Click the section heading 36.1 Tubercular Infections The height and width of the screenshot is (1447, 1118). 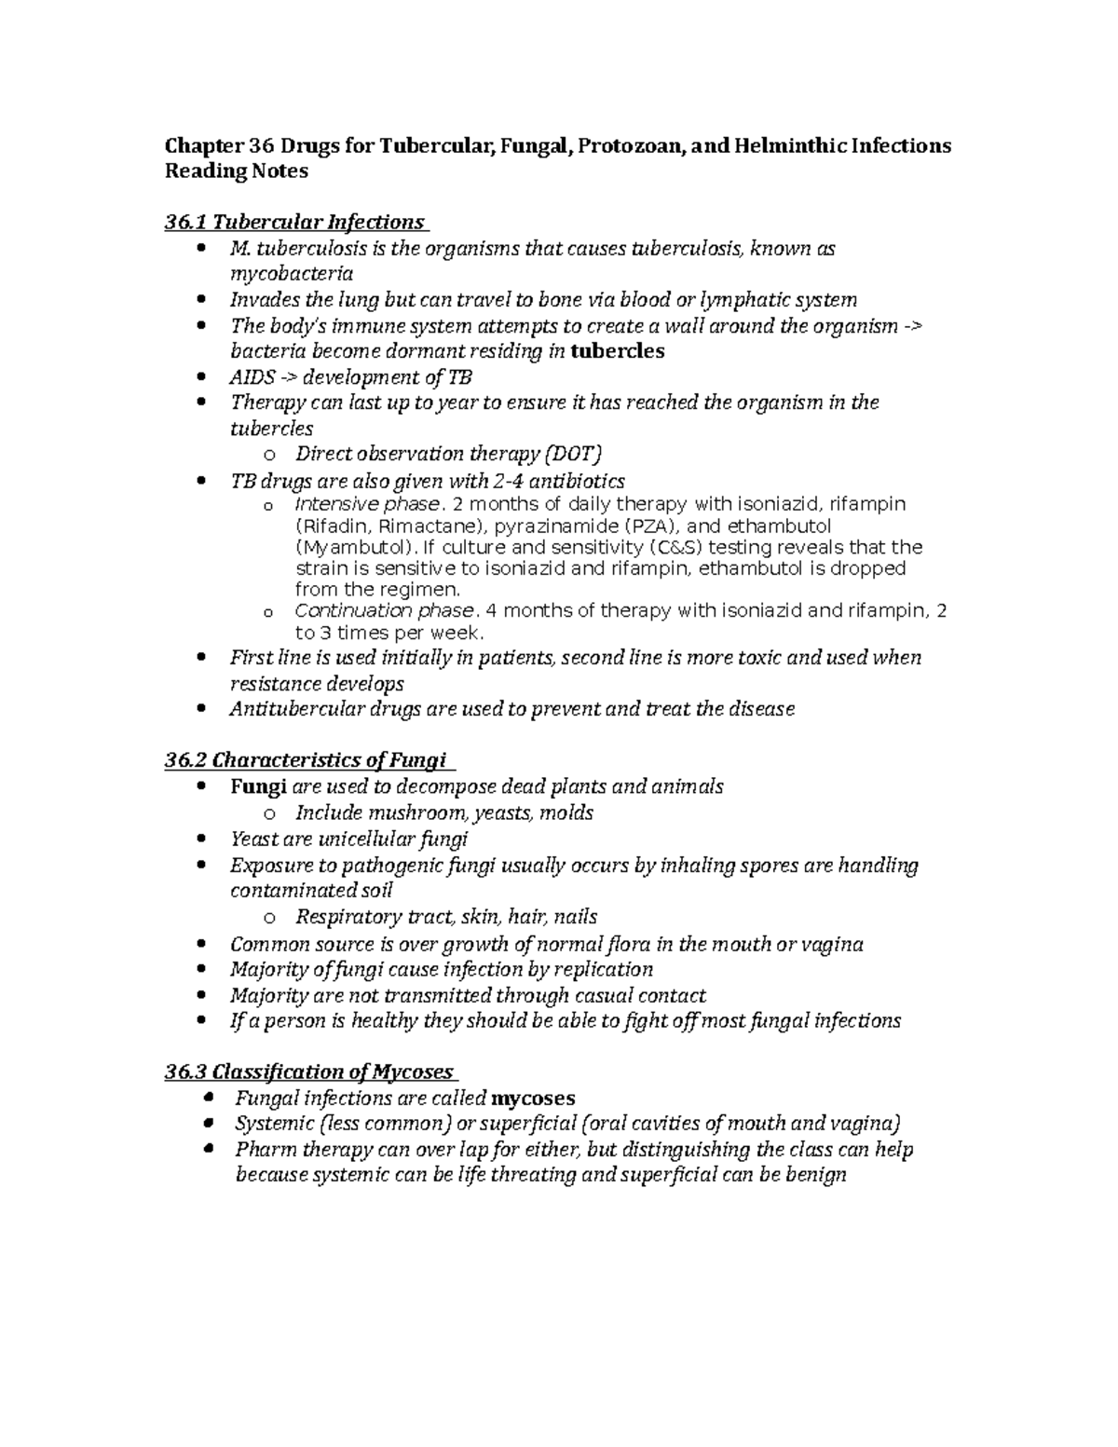(293, 222)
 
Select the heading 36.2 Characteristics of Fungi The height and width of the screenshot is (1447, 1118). (307, 760)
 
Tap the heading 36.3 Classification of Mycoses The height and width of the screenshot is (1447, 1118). (308, 1072)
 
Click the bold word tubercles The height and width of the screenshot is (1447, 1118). (617, 351)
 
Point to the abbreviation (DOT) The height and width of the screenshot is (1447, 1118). (573, 454)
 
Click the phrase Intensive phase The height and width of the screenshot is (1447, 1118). (366, 504)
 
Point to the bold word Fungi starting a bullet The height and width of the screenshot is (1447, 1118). (257, 786)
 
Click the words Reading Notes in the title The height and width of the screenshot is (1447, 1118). (236, 171)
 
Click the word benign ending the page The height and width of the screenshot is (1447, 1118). (814, 1174)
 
